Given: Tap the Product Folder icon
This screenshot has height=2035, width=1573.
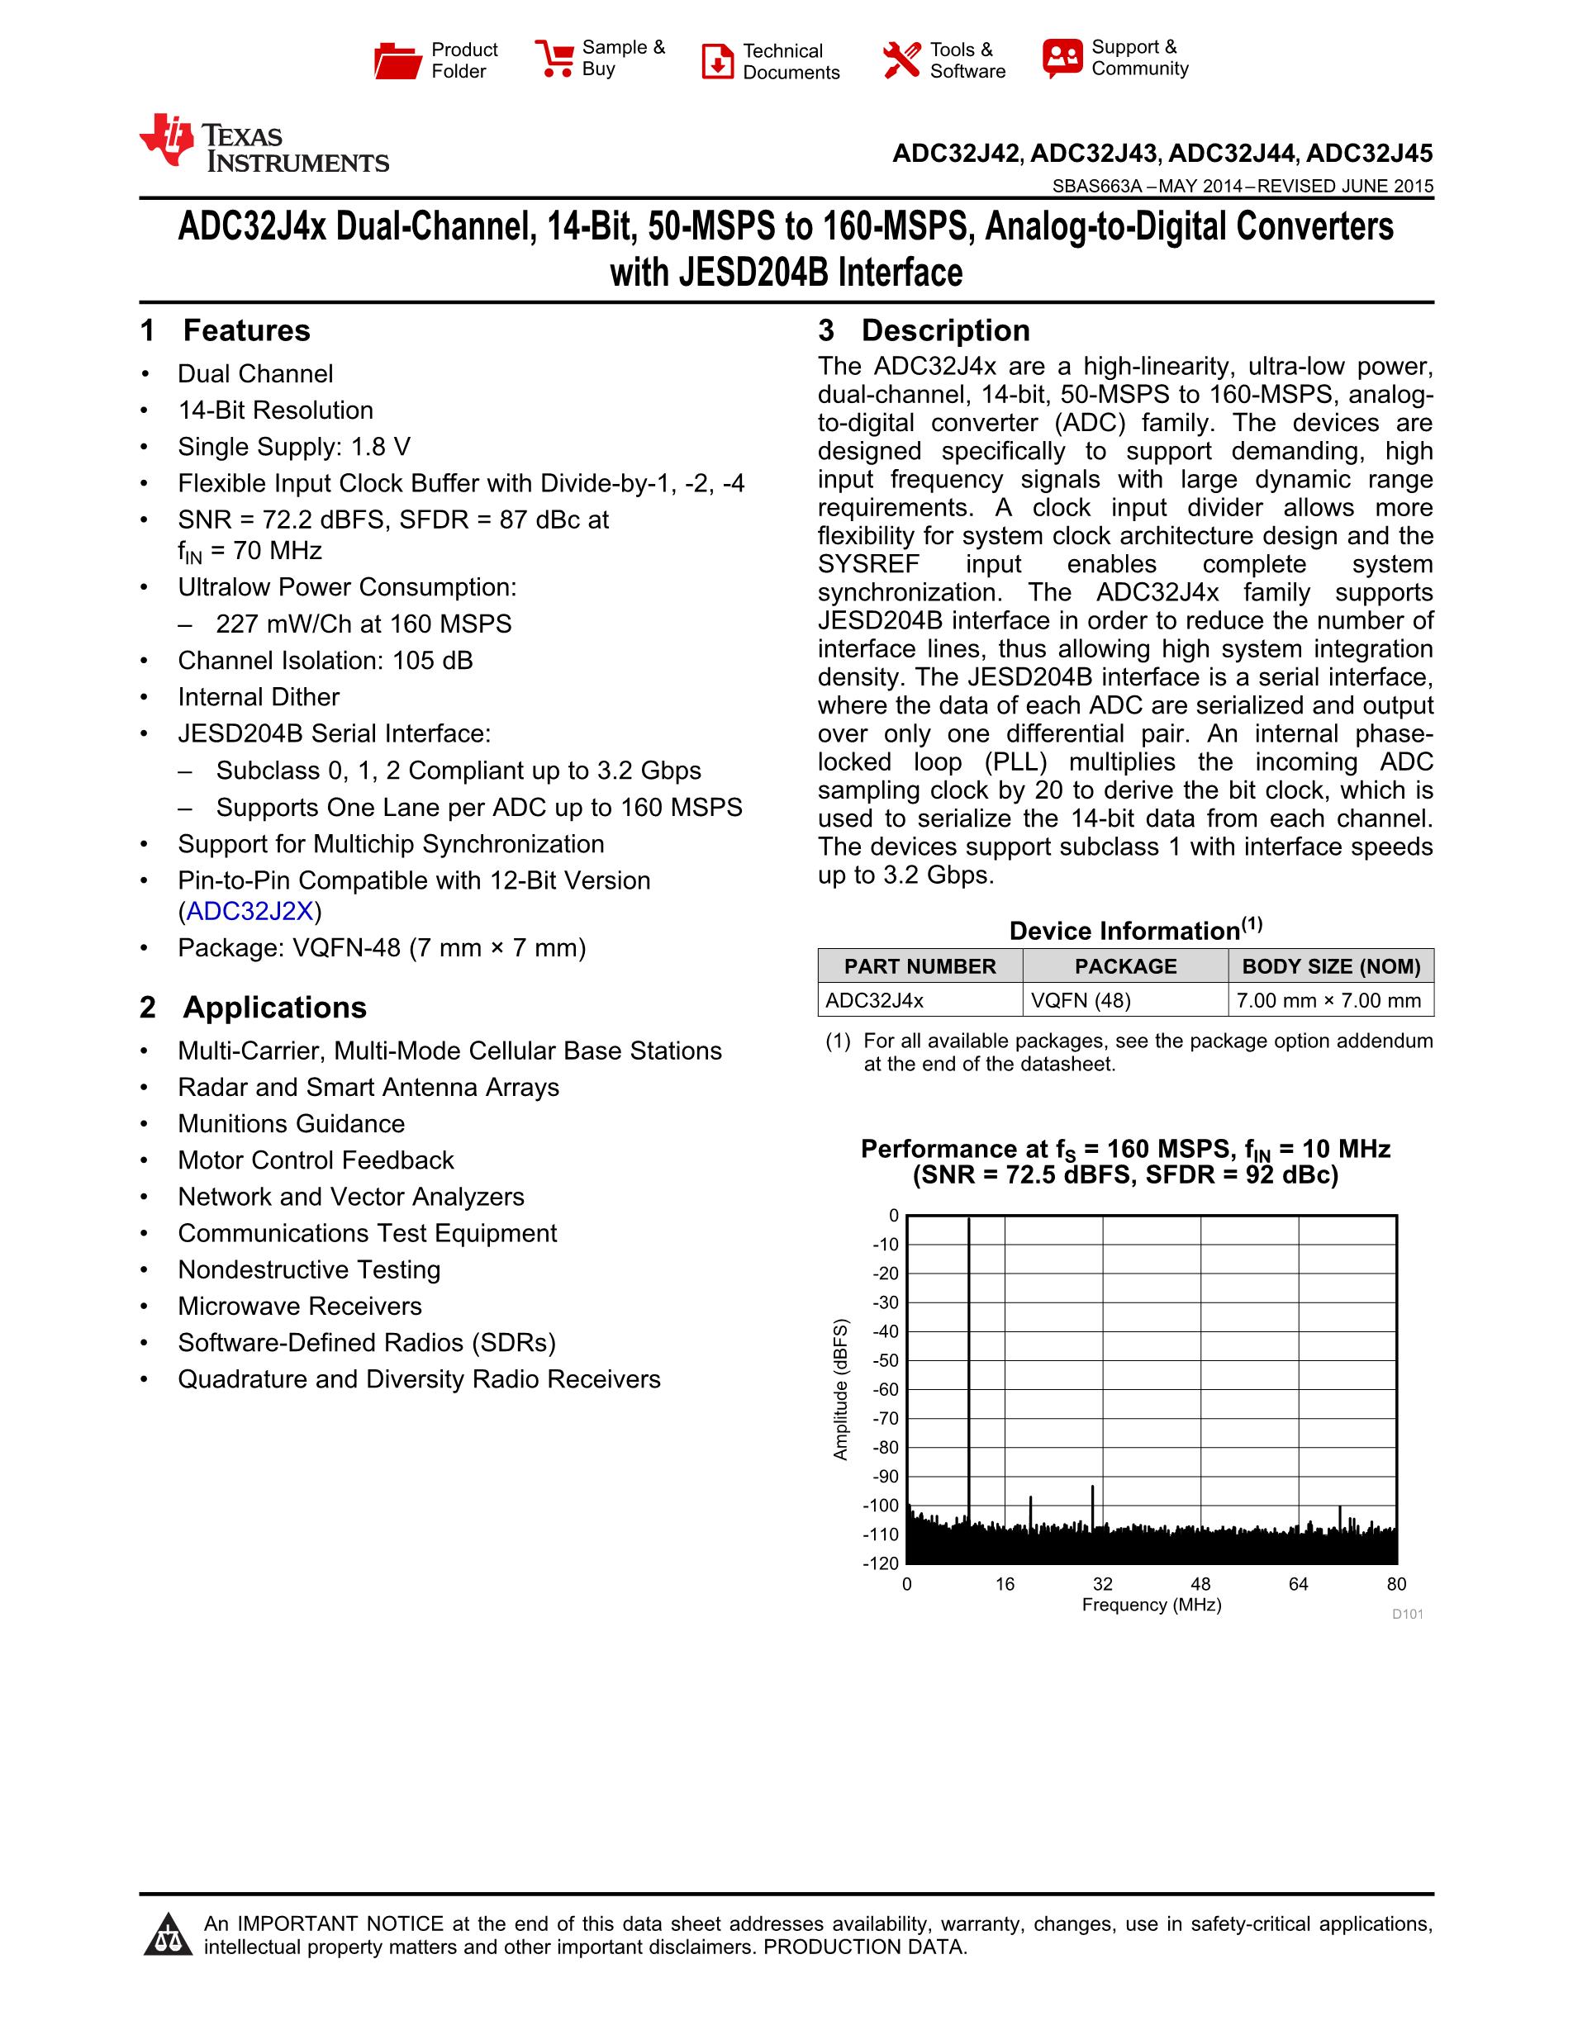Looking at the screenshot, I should coord(398,60).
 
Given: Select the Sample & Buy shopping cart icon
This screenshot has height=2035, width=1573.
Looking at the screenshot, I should coord(554,58).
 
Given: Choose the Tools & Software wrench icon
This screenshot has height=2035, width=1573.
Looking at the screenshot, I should coord(901,60).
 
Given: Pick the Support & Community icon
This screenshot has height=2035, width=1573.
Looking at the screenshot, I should coord(1062,59).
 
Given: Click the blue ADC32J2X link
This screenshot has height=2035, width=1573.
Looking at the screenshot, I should coord(249,911).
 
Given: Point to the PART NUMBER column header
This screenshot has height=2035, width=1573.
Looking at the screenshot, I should coord(920,966).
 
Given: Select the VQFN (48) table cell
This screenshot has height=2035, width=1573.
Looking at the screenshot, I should coord(1081,1001).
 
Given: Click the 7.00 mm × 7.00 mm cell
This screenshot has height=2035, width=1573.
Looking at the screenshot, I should coord(1328,1001).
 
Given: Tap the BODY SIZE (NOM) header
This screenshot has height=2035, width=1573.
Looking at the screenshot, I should coord(1331,966).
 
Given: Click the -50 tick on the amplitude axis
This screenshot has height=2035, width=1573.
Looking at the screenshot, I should coord(886,1360).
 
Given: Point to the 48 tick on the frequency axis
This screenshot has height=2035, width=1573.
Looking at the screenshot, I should coord(1200,1584).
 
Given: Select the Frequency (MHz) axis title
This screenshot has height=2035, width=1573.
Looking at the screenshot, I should coord(1151,1605).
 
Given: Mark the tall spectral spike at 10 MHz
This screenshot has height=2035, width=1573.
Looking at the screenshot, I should coord(969,1351).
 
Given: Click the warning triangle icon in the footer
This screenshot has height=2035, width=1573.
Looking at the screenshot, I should coord(168,1934).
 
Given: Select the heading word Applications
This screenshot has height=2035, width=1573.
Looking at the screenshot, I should coord(274,1008).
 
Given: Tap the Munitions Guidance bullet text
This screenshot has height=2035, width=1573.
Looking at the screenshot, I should coord(292,1124).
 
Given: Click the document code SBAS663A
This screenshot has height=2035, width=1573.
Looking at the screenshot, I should coord(1097,187).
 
